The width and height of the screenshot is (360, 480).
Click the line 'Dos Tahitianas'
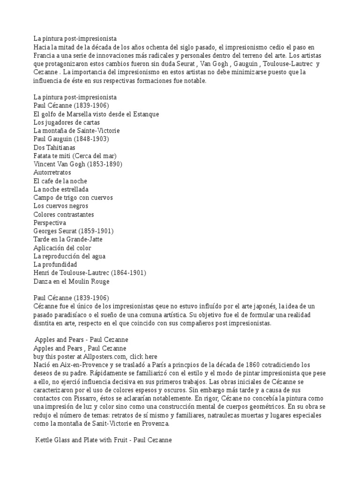pyautogui.click(x=54, y=147)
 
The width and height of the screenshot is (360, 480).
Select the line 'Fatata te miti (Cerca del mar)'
pyautogui.click(x=75, y=156)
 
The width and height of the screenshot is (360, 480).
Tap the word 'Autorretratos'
pyautogui.click(x=53, y=172)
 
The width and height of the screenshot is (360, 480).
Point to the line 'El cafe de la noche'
pyautogui.click(x=60, y=181)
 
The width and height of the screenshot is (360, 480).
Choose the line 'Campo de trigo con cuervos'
pyautogui.click(x=73, y=198)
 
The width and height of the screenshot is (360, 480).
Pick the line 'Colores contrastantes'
pyautogui.click(x=64, y=215)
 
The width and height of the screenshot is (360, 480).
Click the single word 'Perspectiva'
pyautogui.click(x=50, y=223)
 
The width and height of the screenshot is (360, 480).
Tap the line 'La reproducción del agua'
pyautogui.click(x=69, y=256)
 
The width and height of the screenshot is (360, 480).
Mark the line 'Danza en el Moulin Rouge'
pyautogui.click(x=71, y=282)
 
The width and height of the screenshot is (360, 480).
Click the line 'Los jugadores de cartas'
pyautogui.click(x=67, y=122)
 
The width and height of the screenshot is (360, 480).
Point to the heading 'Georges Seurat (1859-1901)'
pyautogui.click(x=74, y=231)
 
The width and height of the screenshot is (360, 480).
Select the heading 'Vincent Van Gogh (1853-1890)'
pyautogui.click(x=78, y=164)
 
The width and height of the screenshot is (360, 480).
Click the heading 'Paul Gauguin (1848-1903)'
pyautogui.click(x=71, y=139)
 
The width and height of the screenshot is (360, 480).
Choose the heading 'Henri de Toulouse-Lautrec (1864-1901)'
pyautogui.click(x=90, y=273)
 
